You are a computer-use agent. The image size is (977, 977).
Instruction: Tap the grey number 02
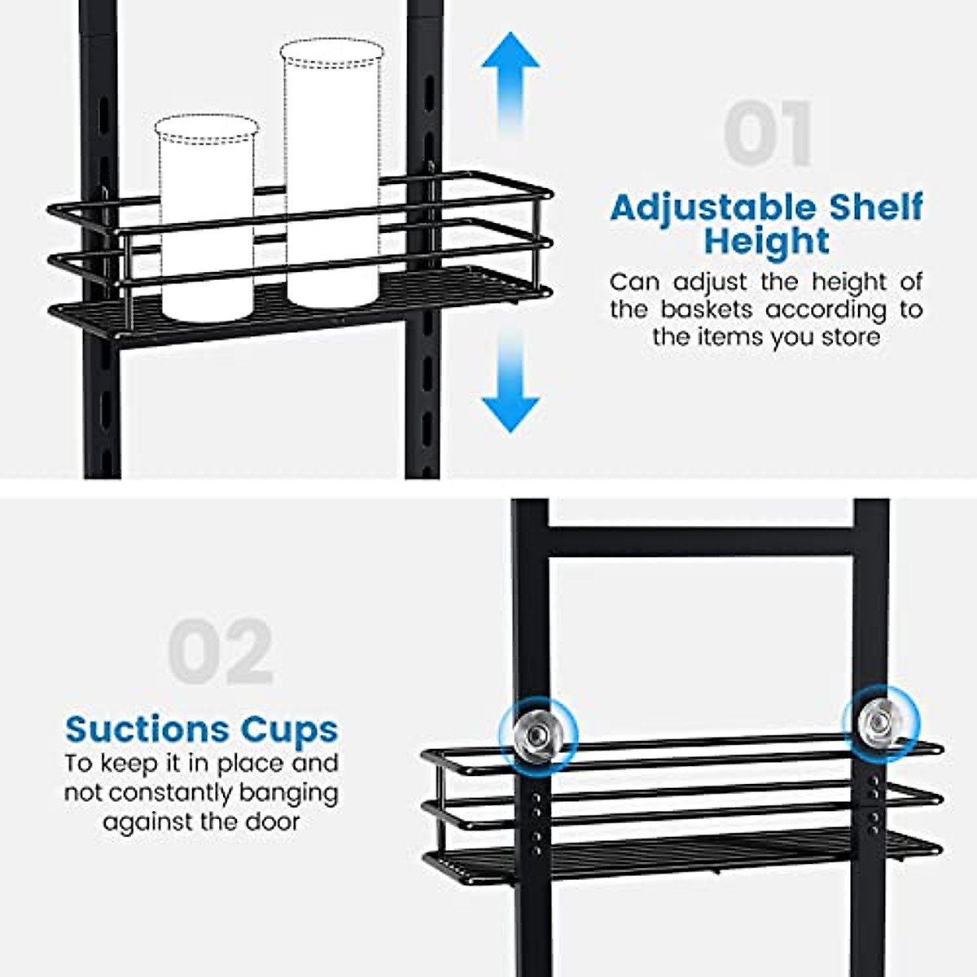tap(220, 651)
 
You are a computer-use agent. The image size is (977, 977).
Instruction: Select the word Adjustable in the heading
tap(713, 208)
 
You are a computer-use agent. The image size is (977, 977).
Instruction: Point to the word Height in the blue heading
tap(767, 242)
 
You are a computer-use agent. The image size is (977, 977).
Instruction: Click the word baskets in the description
tap(707, 310)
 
